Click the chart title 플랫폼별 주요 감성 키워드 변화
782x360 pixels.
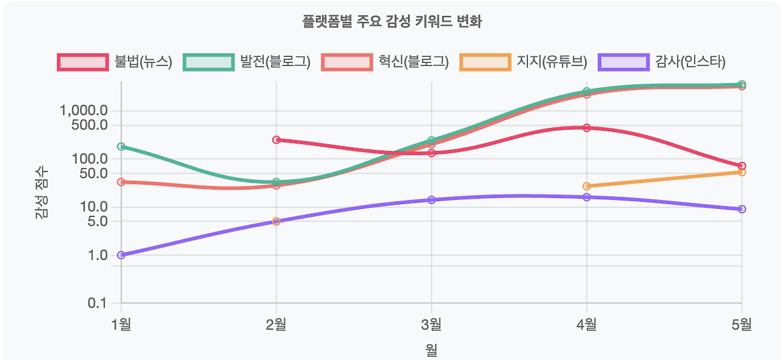coord(392,23)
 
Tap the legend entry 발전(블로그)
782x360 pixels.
coord(247,62)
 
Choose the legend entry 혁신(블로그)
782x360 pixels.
coord(386,62)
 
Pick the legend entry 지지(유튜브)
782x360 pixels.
coord(524,62)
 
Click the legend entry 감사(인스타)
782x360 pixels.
coord(662,62)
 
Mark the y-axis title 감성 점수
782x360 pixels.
coord(42,193)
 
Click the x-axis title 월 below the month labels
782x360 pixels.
coord(431,350)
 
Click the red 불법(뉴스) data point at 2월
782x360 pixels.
coord(276,140)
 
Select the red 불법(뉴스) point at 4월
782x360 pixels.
coord(586,128)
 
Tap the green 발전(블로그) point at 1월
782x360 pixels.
coord(121,147)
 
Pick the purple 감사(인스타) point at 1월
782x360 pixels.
coord(121,255)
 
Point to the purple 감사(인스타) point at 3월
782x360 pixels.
coord(431,200)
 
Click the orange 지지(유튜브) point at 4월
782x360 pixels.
coord(586,186)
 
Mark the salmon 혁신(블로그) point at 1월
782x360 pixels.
coord(121,182)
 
